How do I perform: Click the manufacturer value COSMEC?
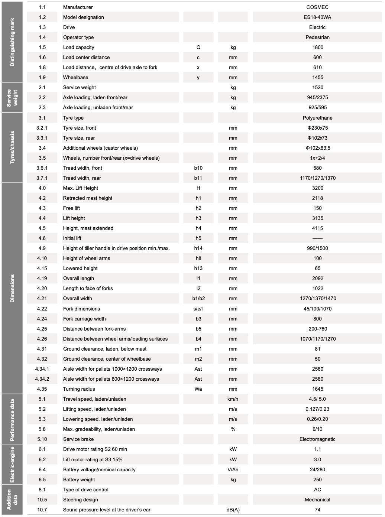coord(317,7)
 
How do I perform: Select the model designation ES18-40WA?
coord(317,17)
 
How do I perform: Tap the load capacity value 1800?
coord(318,47)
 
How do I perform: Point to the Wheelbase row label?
coord(75,77)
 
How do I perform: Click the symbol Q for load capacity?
coord(198,47)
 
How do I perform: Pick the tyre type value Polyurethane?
coord(317,118)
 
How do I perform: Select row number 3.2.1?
coord(42,128)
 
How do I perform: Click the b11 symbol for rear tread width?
coord(198,178)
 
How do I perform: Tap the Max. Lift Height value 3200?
coord(318,188)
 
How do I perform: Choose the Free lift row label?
coord(71,208)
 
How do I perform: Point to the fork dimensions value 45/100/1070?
coord(317,309)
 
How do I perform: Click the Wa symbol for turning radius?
coord(198,389)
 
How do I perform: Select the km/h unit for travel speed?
coord(233,399)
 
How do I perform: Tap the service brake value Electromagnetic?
coord(317,439)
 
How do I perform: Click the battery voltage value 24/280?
coord(317,469)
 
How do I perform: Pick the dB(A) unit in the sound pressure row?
coord(233,510)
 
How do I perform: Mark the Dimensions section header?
coord(13,288)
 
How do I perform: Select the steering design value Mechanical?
coord(317,500)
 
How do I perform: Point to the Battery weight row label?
coord(79,479)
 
